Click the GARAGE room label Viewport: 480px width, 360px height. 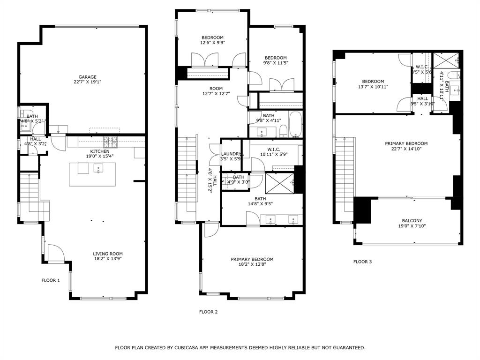(x=87, y=77)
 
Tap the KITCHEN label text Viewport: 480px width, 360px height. (x=100, y=151)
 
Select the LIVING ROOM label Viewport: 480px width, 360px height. (x=108, y=254)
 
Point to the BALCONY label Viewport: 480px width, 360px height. (x=412, y=221)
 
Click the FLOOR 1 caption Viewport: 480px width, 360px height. (x=51, y=280)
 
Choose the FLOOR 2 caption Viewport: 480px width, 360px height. (x=208, y=312)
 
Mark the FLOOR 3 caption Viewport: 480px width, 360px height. (x=362, y=262)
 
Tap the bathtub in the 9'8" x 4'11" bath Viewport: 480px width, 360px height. (x=295, y=124)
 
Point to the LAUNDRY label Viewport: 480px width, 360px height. (x=231, y=154)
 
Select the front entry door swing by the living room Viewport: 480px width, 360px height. (x=56, y=254)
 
